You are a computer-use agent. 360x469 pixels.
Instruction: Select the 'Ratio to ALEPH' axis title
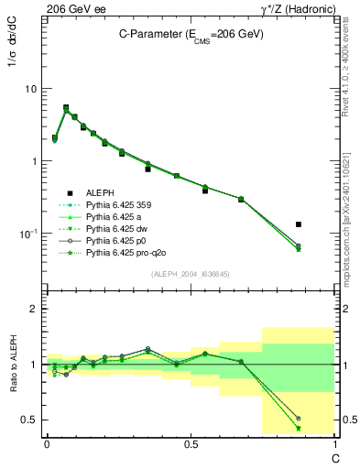pos(16,365)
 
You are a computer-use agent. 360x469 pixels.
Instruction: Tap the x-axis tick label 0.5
pos(191,444)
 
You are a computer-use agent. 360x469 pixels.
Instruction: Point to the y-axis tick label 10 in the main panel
pos(31,89)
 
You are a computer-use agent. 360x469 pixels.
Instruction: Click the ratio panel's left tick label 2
pos(35,309)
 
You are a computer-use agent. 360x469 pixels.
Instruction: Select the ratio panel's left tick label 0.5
pos(30,420)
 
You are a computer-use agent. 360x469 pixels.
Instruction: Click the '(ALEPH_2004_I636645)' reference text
pos(191,274)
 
